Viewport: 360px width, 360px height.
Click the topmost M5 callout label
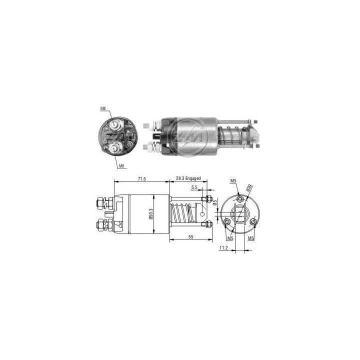click(x=233, y=180)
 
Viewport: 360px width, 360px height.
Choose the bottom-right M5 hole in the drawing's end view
click(x=253, y=221)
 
